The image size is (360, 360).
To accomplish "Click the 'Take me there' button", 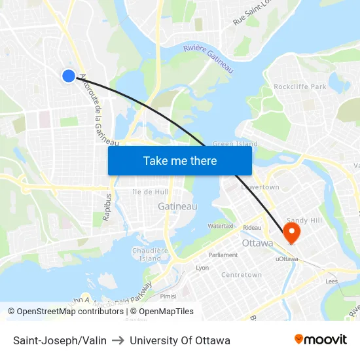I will pyautogui.click(x=180, y=160).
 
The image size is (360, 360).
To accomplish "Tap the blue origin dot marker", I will pyautogui.click(x=69, y=76).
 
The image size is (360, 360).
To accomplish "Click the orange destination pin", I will pyautogui.click(x=291, y=232).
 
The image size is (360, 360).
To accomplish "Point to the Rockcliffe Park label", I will pyautogui.click(x=300, y=86).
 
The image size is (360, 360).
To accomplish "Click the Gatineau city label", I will pyautogui.click(x=177, y=206).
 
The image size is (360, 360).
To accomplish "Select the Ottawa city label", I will pyautogui.click(x=257, y=243).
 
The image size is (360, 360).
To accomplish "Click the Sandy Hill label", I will pyautogui.click(x=305, y=221).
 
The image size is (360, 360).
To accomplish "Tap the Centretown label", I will pyautogui.click(x=242, y=275).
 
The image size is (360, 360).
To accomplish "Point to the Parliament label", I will pyautogui.click(x=223, y=255).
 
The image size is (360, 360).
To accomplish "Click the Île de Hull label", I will pyautogui.click(x=151, y=192).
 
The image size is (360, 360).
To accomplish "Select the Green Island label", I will pyautogui.click(x=235, y=144).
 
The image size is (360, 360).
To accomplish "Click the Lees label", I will pyautogui.click(x=331, y=281).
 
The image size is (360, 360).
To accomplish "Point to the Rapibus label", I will pyautogui.click(x=107, y=206).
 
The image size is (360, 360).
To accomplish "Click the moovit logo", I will pyautogui.click(x=320, y=340).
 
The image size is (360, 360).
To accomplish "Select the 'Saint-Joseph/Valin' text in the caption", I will pyautogui.click(x=60, y=340).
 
